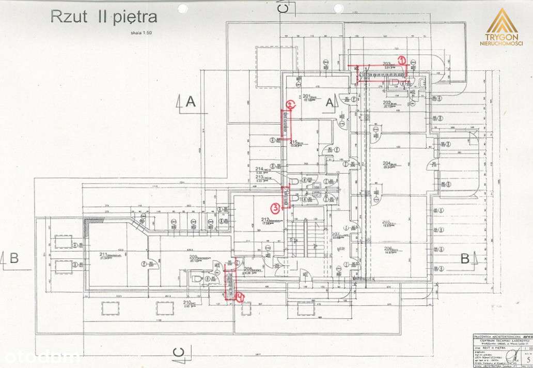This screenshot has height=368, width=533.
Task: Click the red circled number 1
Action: tap(401, 59)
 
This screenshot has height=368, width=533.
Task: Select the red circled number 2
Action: tap(290, 105)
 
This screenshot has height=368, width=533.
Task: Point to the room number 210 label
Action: tap(187, 303)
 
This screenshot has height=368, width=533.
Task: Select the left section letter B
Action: tap(14, 257)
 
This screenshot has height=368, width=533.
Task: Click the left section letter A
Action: tap(191, 101)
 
